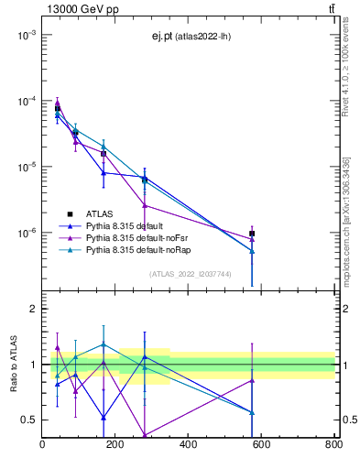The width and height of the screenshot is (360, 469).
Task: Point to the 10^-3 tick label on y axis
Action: (x=25, y=35)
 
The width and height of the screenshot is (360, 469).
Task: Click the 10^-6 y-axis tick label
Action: (x=25, y=233)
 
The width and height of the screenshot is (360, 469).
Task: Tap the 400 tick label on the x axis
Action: (x=188, y=446)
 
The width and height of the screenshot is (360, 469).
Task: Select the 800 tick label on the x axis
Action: (x=333, y=446)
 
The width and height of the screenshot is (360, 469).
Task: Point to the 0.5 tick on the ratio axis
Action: (x=29, y=420)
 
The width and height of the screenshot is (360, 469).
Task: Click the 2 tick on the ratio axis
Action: (x=33, y=309)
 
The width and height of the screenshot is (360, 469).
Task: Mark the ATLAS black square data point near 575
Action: (x=252, y=234)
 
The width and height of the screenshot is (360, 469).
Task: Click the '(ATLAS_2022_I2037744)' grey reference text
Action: (x=191, y=274)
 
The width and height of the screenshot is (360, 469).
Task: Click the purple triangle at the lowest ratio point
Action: (x=145, y=435)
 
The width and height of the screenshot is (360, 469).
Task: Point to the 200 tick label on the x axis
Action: (x=115, y=446)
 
